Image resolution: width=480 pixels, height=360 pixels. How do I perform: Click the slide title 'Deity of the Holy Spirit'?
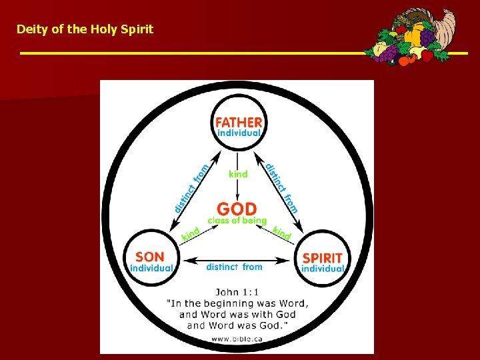point(85,29)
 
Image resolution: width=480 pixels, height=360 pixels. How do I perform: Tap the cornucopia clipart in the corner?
point(417,37)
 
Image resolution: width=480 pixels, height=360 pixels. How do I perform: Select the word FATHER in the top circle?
point(238,122)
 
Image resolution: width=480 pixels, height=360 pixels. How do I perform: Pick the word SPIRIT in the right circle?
point(323,258)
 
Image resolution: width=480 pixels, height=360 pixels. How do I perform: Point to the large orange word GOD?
point(237,209)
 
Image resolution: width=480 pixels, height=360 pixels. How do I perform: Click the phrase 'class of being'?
point(237,221)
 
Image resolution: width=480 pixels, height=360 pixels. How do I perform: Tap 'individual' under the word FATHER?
point(238,133)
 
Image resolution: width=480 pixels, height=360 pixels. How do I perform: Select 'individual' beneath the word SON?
point(151,268)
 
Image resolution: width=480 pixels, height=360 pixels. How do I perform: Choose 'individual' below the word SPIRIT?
point(323,269)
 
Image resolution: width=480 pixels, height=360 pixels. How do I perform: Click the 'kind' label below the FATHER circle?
point(238,174)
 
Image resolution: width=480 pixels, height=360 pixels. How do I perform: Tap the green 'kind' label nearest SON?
point(191,234)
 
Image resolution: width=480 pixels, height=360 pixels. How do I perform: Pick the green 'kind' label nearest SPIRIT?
point(282,233)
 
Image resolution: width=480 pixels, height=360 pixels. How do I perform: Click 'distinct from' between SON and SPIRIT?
point(234,267)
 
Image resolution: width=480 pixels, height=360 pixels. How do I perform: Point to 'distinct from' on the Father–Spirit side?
point(281,187)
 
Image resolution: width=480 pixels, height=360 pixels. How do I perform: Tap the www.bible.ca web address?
point(237,339)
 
